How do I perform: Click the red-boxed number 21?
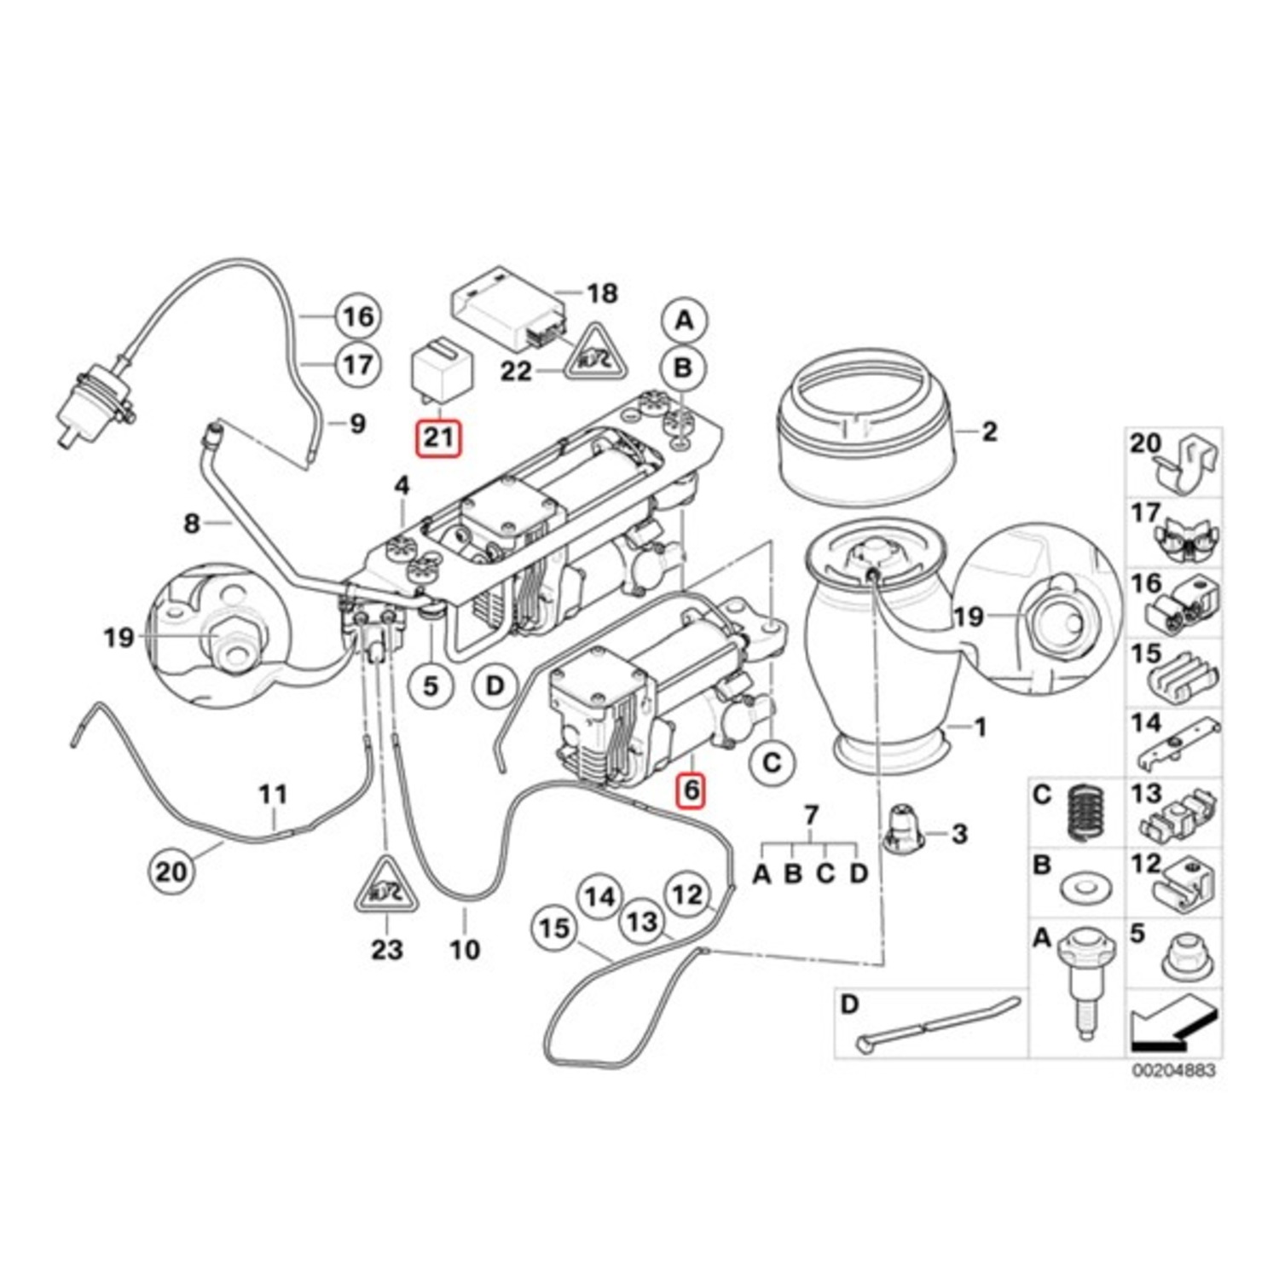(437, 438)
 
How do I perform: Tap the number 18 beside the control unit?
(602, 293)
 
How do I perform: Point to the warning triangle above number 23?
(386, 889)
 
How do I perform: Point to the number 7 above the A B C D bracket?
(810, 816)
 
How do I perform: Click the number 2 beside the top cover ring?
(988, 431)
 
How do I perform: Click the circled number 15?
(554, 927)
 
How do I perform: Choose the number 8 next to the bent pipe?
(192, 523)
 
